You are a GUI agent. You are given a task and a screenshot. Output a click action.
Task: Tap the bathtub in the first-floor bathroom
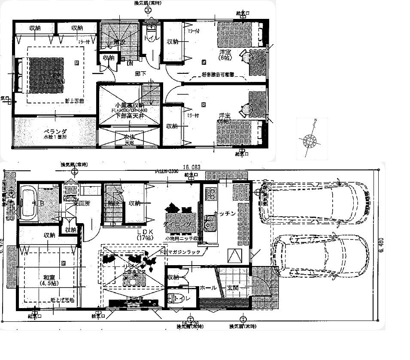(28, 202)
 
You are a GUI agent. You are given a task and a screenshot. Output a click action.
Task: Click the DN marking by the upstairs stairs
(129, 64)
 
